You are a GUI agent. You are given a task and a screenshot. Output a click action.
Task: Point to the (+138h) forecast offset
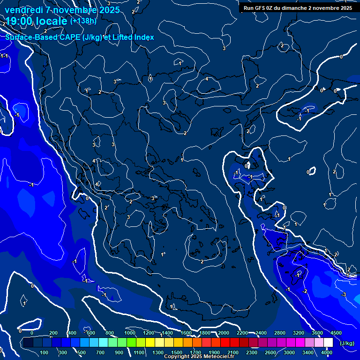(x=83, y=21)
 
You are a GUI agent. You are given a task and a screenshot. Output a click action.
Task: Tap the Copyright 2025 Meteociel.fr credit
(x=199, y=356)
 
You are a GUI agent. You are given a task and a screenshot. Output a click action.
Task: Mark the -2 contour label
(x=305, y=292)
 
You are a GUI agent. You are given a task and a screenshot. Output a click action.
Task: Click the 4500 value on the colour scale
(x=336, y=333)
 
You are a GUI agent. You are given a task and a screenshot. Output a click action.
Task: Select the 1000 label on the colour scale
(x=130, y=333)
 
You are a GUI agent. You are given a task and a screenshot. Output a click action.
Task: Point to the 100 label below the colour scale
(x=45, y=352)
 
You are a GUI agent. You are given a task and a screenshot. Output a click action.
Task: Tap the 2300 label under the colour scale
(x=252, y=352)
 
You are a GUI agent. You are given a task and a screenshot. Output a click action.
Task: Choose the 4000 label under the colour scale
(x=327, y=352)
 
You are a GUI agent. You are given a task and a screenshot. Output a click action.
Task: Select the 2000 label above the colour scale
(x=223, y=333)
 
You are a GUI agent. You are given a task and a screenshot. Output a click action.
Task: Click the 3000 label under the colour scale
(x=289, y=352)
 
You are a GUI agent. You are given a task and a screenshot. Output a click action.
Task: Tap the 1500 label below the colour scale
(x=177, y=352)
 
